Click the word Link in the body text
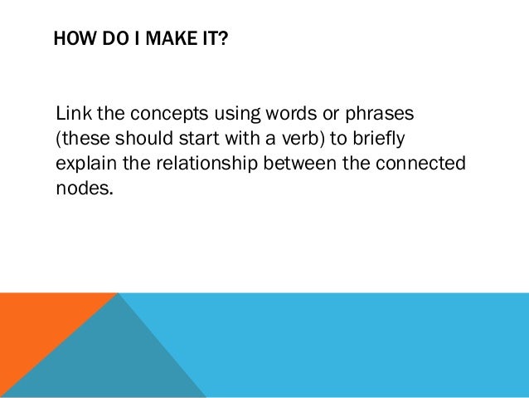pos(71,112)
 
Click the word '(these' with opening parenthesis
pos(79,137)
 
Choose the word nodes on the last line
pos(81,187)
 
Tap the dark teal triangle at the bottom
pos(116,366)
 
